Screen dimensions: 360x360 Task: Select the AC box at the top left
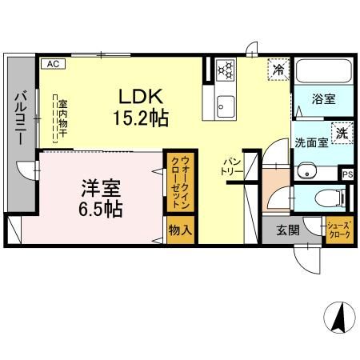pos(52,63)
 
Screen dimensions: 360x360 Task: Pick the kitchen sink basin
pos(226,105)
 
